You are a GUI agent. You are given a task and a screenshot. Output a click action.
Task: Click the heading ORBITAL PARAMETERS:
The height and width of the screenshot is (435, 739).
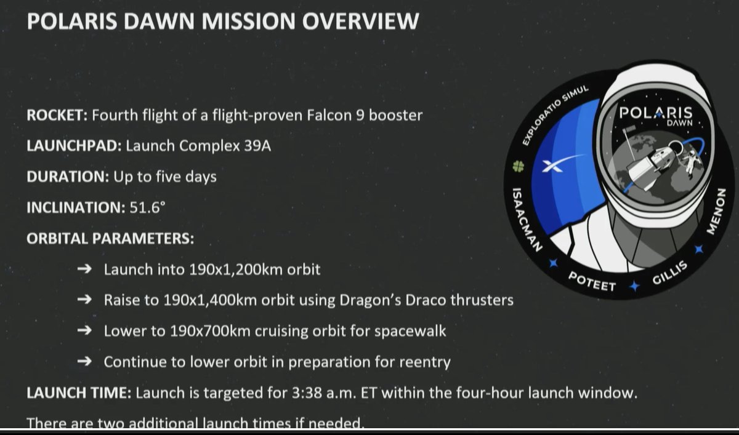[110, 237]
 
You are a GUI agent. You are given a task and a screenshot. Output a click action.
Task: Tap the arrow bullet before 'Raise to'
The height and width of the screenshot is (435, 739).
[87, 300]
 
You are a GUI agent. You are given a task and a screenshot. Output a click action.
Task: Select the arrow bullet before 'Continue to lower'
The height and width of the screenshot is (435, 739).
[87, 362]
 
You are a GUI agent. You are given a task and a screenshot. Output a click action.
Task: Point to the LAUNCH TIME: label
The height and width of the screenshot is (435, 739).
[78, 393]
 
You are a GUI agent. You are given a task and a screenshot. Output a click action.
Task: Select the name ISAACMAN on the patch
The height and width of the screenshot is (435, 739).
[522, 217]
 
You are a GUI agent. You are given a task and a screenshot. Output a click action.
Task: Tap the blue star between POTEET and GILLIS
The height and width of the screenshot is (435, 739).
[633, 285]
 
